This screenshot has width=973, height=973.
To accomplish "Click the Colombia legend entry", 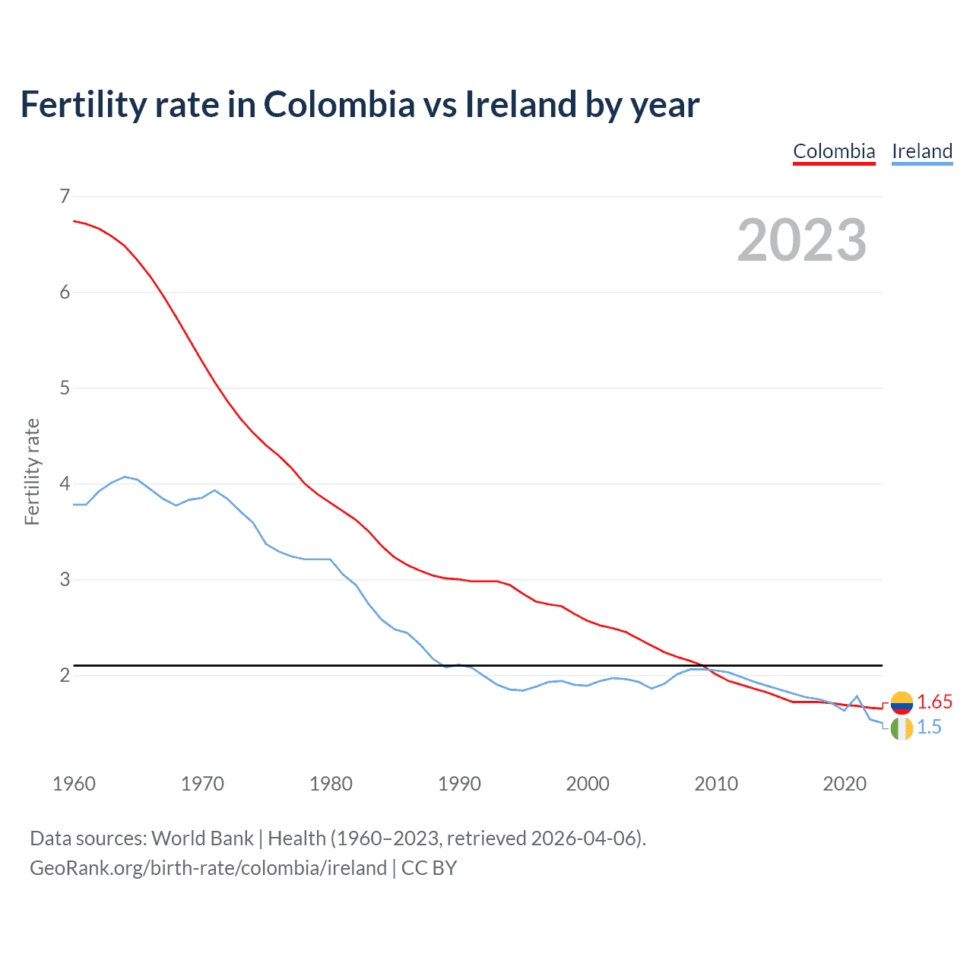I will coord(834,151).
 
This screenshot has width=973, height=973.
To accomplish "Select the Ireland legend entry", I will coord(922,151).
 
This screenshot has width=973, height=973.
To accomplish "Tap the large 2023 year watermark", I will coord(802,240).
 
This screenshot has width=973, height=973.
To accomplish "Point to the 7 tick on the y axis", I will coord(64,197).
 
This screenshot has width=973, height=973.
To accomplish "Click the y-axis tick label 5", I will coord(64,388).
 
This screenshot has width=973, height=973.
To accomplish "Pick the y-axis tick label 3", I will coord(64,580).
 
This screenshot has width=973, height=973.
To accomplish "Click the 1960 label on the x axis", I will coord(74,784).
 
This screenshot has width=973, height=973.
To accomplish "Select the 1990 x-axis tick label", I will coord(459,784).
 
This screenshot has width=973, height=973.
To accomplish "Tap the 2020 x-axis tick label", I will coord(845,784).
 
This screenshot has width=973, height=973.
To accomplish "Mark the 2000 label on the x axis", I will coord(588,784).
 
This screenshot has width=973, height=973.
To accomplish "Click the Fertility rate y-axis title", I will coord(32,471).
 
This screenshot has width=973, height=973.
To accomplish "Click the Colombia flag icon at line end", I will coord(902,702).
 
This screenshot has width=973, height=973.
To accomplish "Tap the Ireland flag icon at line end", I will coord(902,728).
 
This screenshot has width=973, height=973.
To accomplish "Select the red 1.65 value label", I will coord(934,702).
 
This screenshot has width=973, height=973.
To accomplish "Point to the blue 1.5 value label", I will coord(929,727).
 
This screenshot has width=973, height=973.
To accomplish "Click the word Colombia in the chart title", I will coord(339,105).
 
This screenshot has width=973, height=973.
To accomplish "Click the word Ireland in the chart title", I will coord(520,105).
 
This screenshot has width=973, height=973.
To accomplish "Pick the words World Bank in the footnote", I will coord(202,838).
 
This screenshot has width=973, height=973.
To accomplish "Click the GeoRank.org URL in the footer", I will coord(208,868).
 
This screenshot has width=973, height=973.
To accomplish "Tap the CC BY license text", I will coord(429,868).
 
